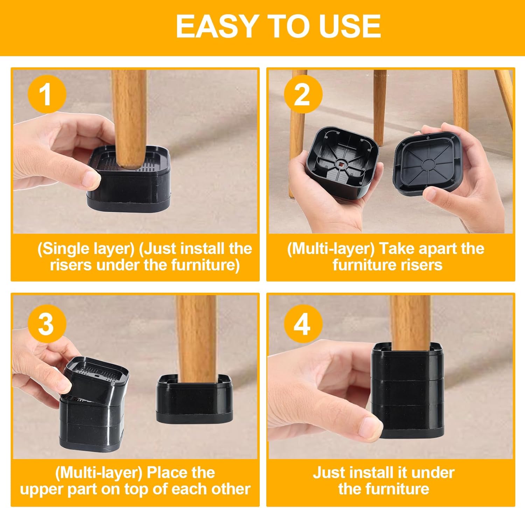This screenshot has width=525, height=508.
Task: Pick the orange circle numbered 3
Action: [x=47, y=324]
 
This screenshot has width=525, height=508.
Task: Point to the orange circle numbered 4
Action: [x=303, y=324]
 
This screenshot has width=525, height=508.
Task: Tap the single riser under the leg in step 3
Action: [x=195, y=400]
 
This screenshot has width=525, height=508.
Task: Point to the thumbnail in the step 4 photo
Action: [x=370, y=427]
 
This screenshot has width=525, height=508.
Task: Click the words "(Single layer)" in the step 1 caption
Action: [x=86, y=249]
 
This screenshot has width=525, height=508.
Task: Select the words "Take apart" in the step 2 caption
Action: [x=418, y=249]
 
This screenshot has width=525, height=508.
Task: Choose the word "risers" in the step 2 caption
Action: [x=422, y=265]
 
